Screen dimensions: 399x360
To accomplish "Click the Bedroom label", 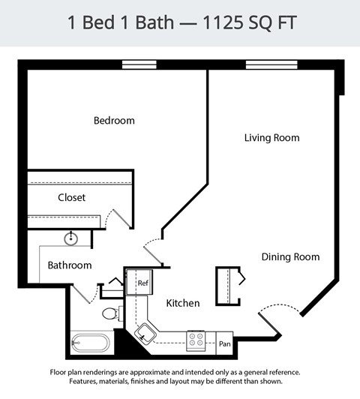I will coord(114,121).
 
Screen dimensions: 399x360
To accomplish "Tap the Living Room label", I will coord(271,138).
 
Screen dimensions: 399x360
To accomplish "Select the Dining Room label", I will coord(290,257).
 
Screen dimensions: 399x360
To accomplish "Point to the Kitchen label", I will coord(183,303).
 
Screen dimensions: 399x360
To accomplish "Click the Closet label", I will coord(71,198).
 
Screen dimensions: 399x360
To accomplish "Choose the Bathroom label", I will coord(70,265).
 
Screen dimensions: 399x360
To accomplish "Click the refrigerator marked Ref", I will coord(141,283).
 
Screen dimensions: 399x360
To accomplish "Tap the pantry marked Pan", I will coord(224,344).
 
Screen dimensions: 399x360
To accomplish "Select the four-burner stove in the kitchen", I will coord(196,340).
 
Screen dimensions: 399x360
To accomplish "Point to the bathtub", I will coord(90,343).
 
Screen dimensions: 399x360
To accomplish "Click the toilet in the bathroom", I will coord(109,313).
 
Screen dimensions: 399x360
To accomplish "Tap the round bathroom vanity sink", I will coord(71,239).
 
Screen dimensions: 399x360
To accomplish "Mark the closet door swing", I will coord(118,217).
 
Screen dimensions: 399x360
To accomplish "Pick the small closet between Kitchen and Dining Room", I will coord(228,285).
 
